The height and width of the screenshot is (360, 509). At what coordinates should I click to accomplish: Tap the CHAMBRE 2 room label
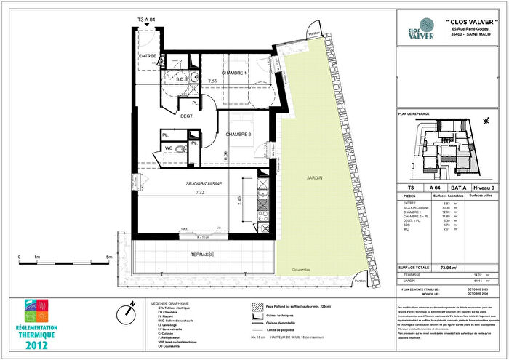pyautogui.click(x=239, y=135)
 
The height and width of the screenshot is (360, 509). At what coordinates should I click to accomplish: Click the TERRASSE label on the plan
pyautogui.click(x=203, y=255)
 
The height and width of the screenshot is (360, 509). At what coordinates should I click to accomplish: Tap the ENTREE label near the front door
pyautogui.click(x=148, y=56)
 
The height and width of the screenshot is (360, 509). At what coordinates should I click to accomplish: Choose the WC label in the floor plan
pyautogui.click(x=167, y=148)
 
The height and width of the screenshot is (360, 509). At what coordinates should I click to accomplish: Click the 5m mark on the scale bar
pyautogui.click(x=108, y=257)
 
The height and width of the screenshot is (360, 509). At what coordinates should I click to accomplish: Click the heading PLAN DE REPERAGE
pyautogui.click(x=417, y=114)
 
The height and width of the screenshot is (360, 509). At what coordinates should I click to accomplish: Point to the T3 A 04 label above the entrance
pyautogui.click(x=147, y=23)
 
